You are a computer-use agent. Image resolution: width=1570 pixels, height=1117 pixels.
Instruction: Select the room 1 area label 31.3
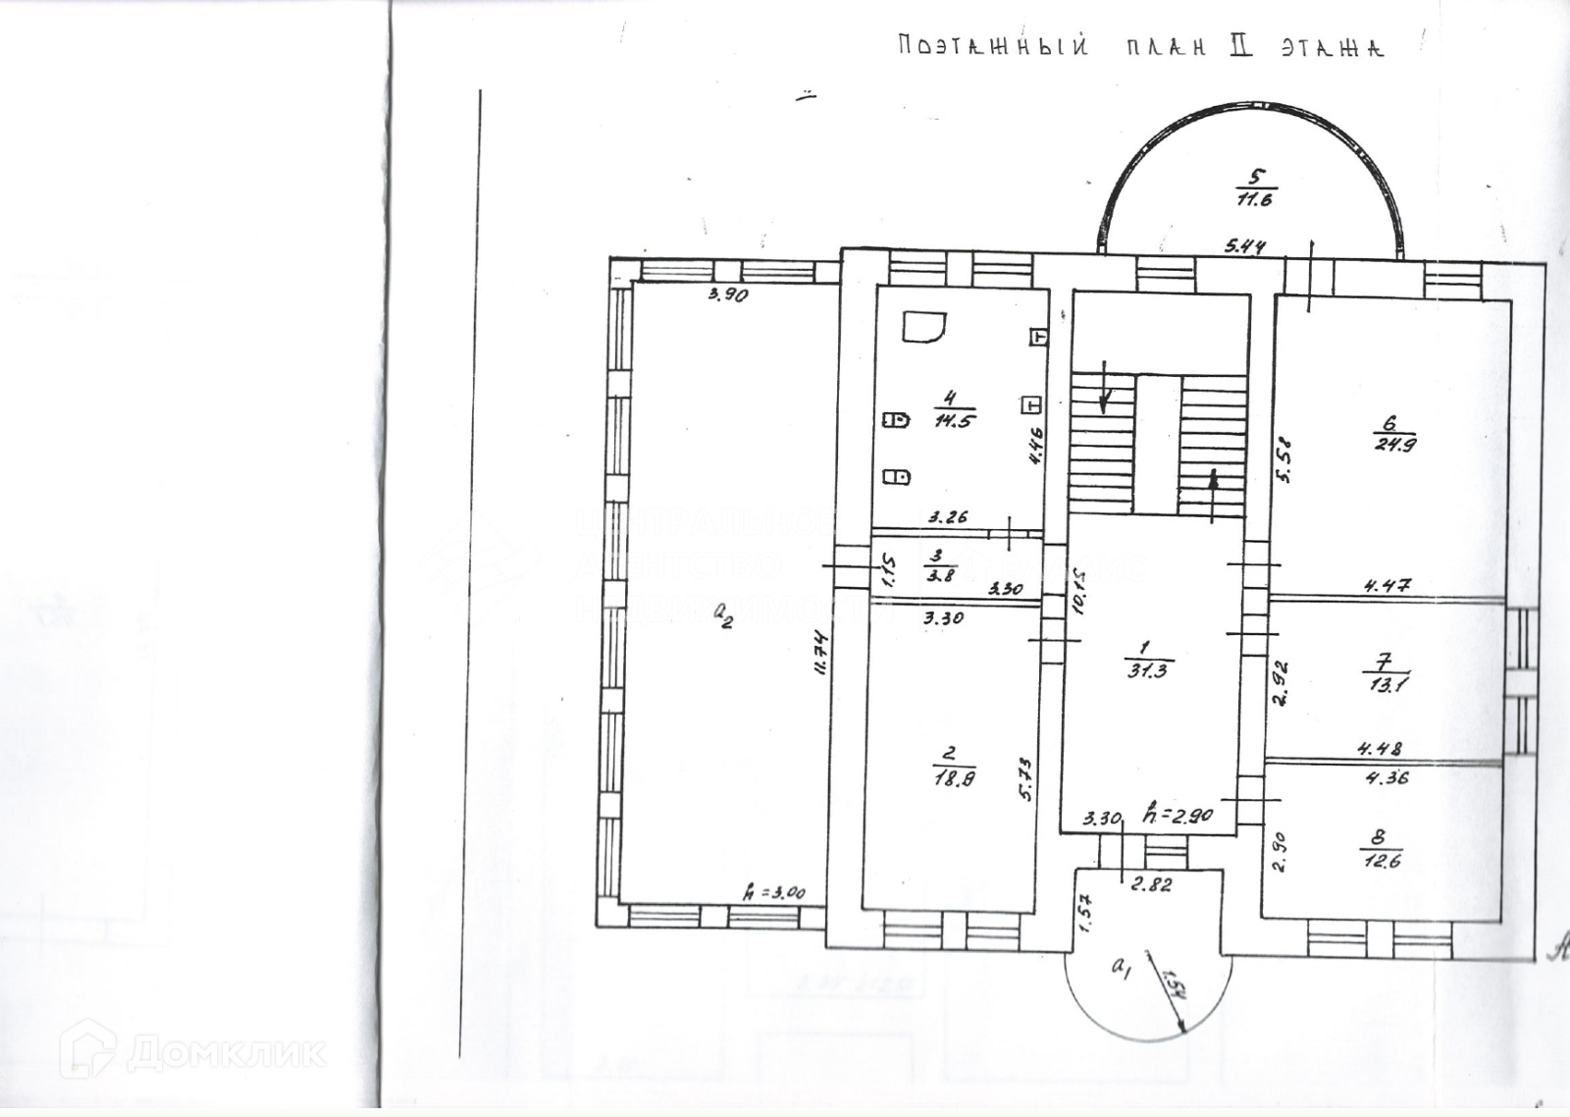pos(1147,671)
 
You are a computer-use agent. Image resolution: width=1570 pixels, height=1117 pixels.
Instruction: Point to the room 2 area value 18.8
pos(948,781)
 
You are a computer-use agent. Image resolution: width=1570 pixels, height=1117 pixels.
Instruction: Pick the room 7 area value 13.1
pos(1387,685)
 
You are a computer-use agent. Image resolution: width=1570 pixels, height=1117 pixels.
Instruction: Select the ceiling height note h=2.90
pos(1178,816)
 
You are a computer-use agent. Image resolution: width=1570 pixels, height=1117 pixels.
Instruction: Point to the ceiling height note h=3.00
pos(775,893)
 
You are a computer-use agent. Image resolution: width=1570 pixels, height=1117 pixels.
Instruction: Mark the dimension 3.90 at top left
pos(728,295)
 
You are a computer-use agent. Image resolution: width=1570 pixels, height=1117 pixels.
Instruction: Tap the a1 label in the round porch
pos(1121,967)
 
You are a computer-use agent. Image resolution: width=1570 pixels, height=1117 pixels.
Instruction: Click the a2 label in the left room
pos(723,615)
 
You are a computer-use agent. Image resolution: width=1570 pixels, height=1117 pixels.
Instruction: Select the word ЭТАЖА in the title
pos(1331,48)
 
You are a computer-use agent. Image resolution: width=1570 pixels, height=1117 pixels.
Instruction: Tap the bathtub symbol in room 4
pos(924,329)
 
